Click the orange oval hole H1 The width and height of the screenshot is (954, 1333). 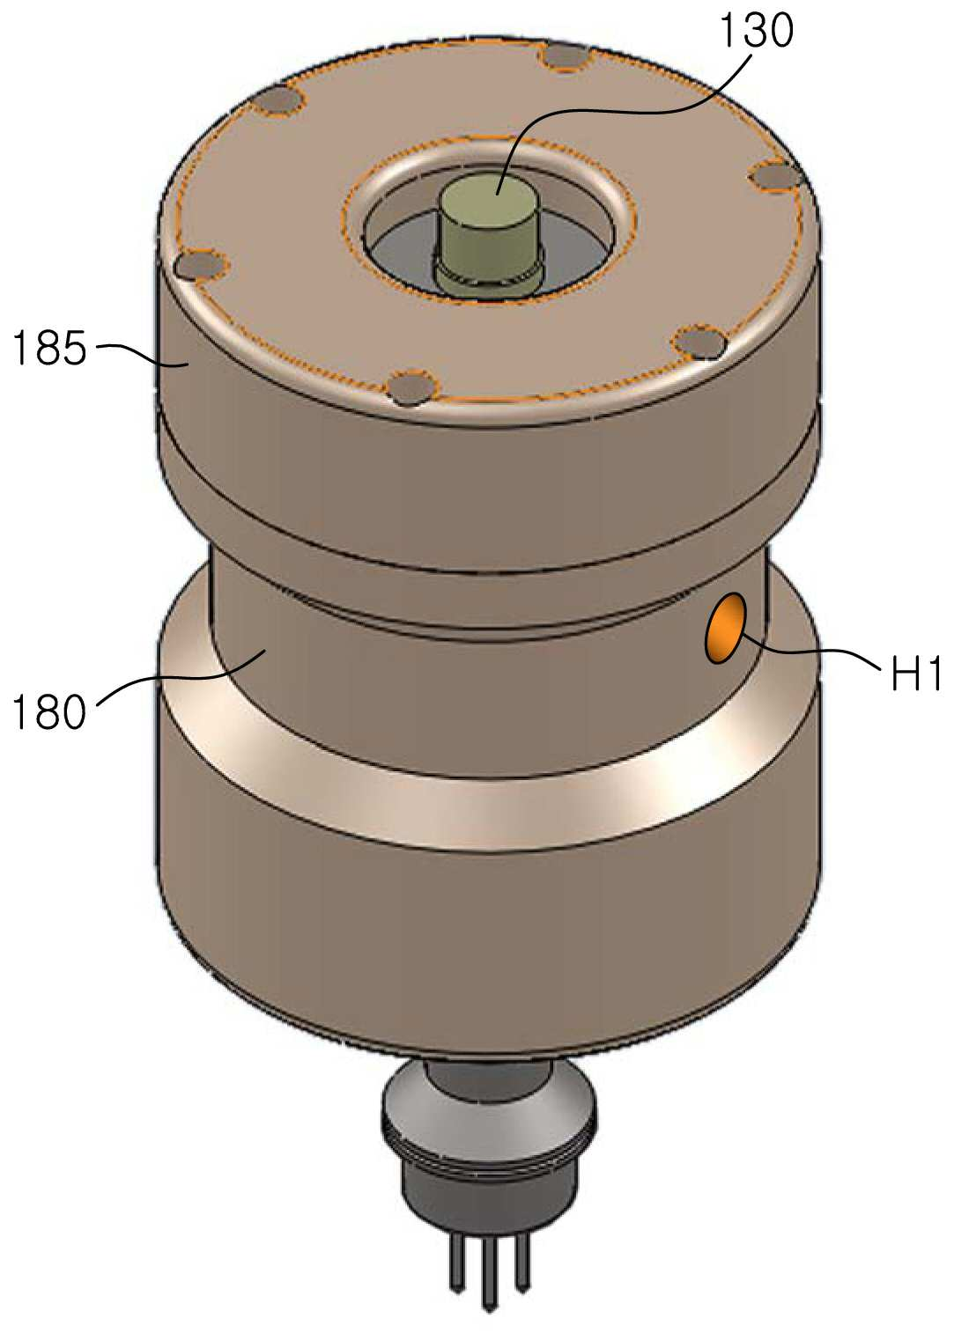[725, 627]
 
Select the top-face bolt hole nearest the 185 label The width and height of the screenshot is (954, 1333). [203, 265]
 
